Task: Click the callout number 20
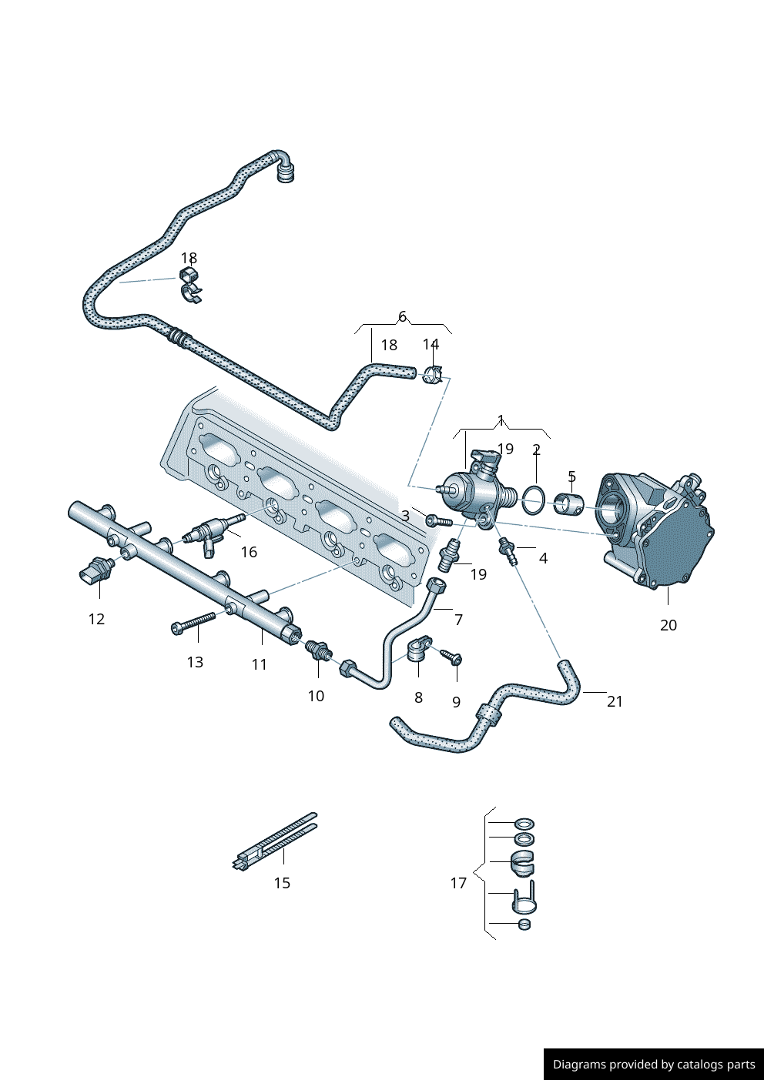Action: pos(668,625)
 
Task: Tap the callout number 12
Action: pos(96,619)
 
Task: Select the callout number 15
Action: pos(282,883)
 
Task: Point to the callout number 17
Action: pos(458,883)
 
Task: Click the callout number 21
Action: pos(615,701)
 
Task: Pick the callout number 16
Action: pos(249,552)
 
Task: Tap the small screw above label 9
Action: pos(451,656)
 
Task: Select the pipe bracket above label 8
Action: pos(418,650)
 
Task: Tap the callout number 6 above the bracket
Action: pos(402,317)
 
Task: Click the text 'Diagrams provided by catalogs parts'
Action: pos(654,1065)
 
